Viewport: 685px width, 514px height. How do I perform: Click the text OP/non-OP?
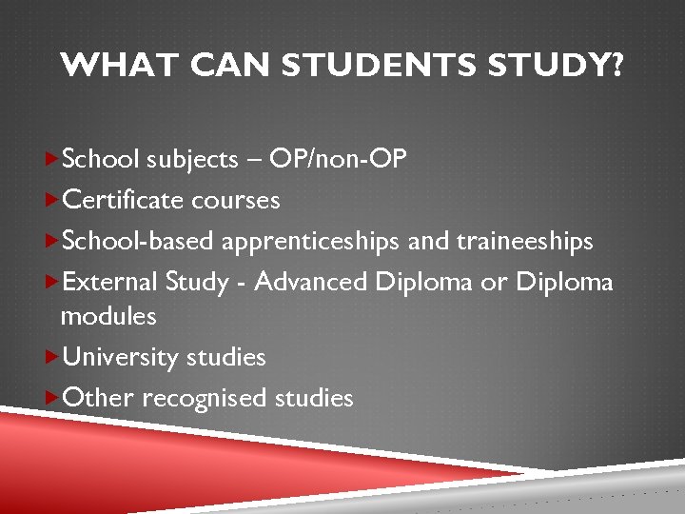(x=339, y=159)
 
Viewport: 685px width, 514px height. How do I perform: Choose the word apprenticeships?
(x=311, y=242)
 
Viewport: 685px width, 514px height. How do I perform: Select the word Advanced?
(x=311, y=283)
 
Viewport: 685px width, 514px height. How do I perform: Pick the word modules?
(x=108, y=315)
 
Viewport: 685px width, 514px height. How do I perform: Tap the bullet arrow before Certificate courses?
(x=52, y=200)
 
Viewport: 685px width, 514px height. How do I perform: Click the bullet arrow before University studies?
(x=52, y=357)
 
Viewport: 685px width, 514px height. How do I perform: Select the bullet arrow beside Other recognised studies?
(x=52, y=398)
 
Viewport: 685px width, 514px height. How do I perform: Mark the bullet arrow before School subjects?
(x=52, y=159)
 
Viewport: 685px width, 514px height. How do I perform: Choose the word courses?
(x=236, y=200)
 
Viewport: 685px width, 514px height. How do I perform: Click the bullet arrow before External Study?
(x=52, y=283)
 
